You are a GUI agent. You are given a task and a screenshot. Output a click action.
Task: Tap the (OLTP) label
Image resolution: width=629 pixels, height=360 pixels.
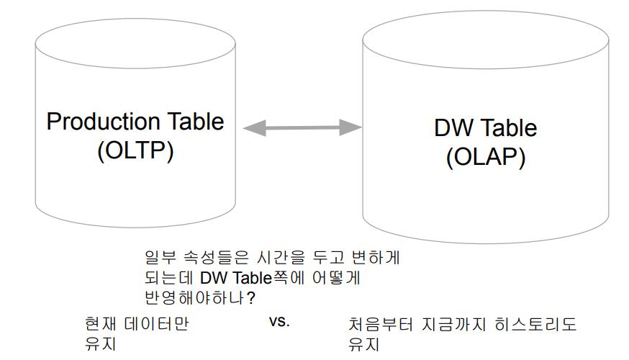(x=135, y=151)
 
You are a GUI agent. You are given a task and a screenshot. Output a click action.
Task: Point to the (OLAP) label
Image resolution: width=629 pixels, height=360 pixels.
(x=486, y=157)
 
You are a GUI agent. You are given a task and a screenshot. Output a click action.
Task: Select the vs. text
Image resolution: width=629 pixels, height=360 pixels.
(x=279, y=322)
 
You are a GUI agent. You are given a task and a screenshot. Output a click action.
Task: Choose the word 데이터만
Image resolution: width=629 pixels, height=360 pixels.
(x=157, y=323)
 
